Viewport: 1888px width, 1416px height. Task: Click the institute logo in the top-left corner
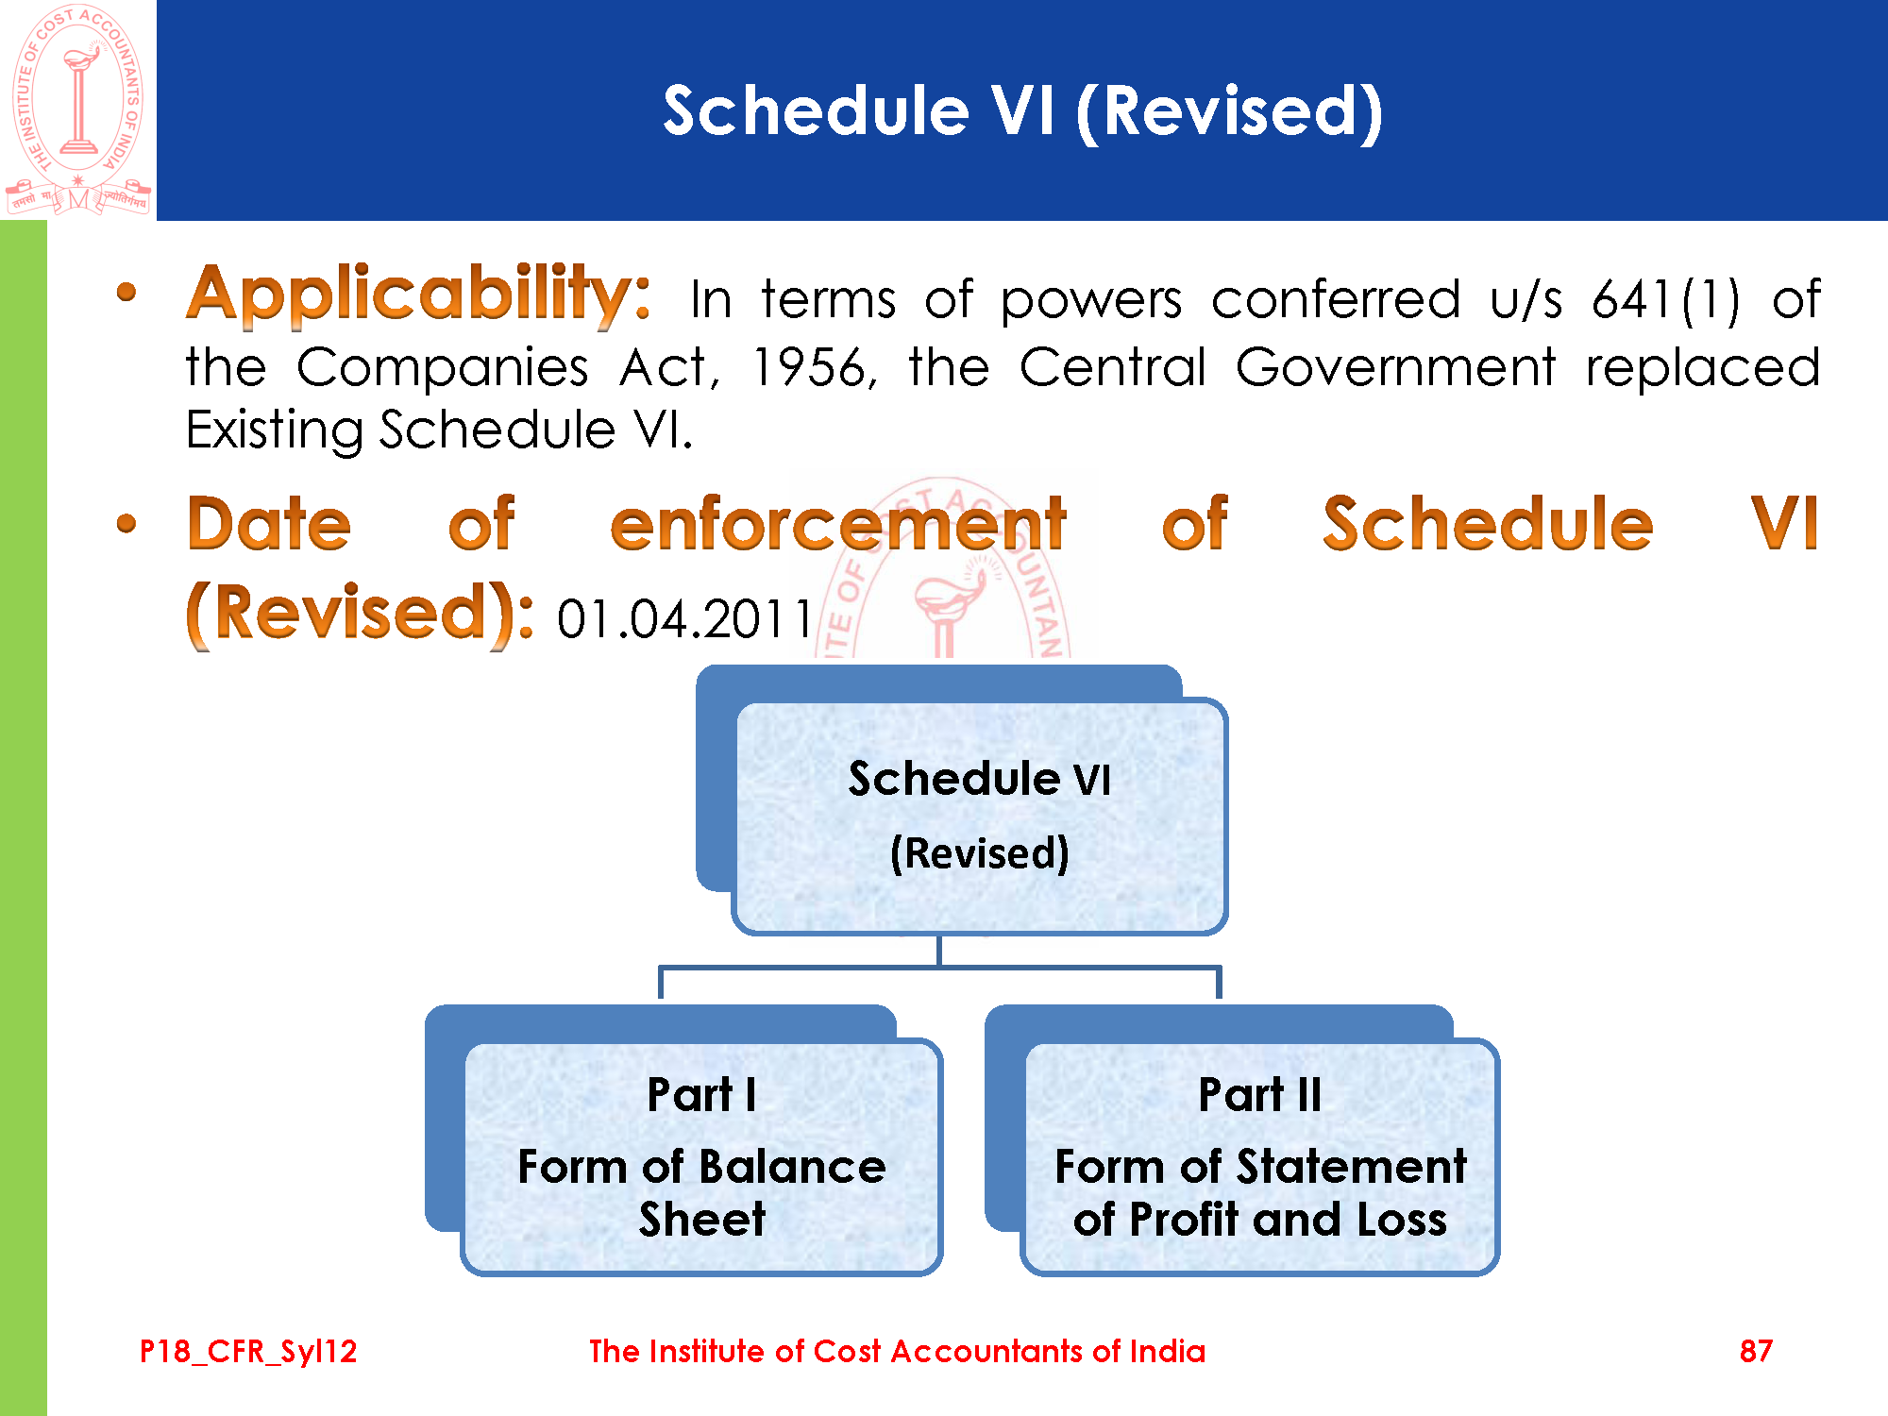(x=78, y=110)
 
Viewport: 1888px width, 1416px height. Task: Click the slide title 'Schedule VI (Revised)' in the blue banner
(x=1023, y=111)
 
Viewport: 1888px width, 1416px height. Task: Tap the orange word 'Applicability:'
(x=418, y=295)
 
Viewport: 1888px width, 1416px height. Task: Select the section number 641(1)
(x=1666, y=300)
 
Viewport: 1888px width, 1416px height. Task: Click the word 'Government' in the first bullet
(x=1395, y=367)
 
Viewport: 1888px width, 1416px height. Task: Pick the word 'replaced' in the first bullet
(x=1702, y=368)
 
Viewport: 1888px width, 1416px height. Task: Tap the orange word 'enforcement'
(x=838, y=525)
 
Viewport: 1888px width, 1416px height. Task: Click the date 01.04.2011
(x=684, y=620)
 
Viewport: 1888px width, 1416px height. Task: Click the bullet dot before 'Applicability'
(x=126, y=293)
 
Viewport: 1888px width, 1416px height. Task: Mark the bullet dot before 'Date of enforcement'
(x=126, y=523)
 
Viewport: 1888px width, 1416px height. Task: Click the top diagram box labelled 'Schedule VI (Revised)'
(x=979, y=818)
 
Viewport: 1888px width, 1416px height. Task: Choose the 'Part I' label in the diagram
(x=701, y=1095)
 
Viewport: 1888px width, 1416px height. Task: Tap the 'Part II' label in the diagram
(x=1259, y=1095)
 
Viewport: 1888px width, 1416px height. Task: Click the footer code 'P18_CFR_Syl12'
(x=248, y=1352)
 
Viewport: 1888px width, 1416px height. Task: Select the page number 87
(x=1756, y=1351)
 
